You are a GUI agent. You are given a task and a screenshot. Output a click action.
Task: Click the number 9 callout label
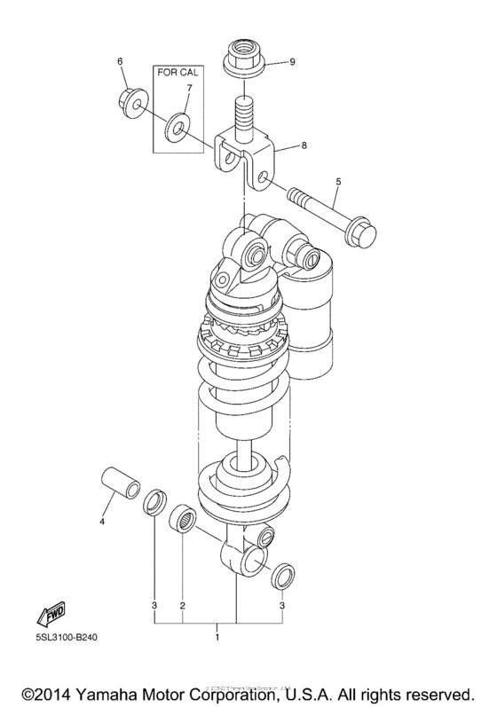[291, 63]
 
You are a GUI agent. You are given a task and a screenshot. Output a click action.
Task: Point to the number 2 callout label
[182, 606]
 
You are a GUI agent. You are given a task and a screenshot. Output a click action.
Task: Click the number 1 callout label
[217, 637]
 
